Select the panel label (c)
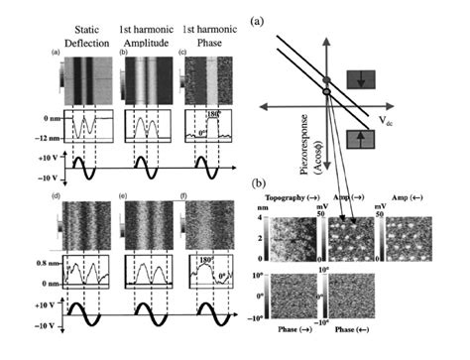coord(176,51)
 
